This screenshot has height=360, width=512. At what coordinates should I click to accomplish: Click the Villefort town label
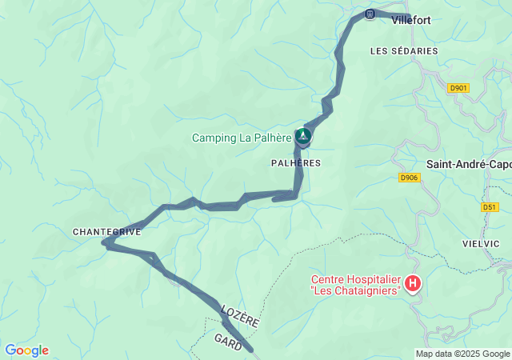(x=411, y=22)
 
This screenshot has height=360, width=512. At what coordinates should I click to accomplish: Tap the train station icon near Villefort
(x=370, y=14)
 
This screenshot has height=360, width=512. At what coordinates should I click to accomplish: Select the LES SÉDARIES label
(x=404, y=50)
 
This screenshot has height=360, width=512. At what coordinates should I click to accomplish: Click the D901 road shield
(x=458, y=88)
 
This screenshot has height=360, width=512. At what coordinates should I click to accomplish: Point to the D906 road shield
(x=409, y=178)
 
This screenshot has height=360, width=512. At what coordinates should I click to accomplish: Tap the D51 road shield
(x=490, y=207)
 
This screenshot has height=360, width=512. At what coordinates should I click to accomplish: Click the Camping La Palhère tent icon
(x=303, y=137)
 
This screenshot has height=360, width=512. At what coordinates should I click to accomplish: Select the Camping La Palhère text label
(x=242, y=138)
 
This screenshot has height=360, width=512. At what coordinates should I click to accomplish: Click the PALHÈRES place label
(x=296, y=162)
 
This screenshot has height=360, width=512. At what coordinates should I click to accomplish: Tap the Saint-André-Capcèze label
(x=469, y=164)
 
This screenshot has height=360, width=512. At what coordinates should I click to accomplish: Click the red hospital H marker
(x=412, y=283)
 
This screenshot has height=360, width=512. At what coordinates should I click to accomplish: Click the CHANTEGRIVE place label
(x=107, y=232)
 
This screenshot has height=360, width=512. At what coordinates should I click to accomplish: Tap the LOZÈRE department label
(x=240, y=314)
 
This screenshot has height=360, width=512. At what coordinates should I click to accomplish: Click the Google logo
(x=26, y=350)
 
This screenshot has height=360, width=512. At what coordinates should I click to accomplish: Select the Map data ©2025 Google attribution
(x=462, y=354)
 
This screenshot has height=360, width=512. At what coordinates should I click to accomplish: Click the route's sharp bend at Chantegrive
(x=105, y=245)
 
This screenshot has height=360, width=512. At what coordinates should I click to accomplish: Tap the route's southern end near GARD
(x=250, y=350)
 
